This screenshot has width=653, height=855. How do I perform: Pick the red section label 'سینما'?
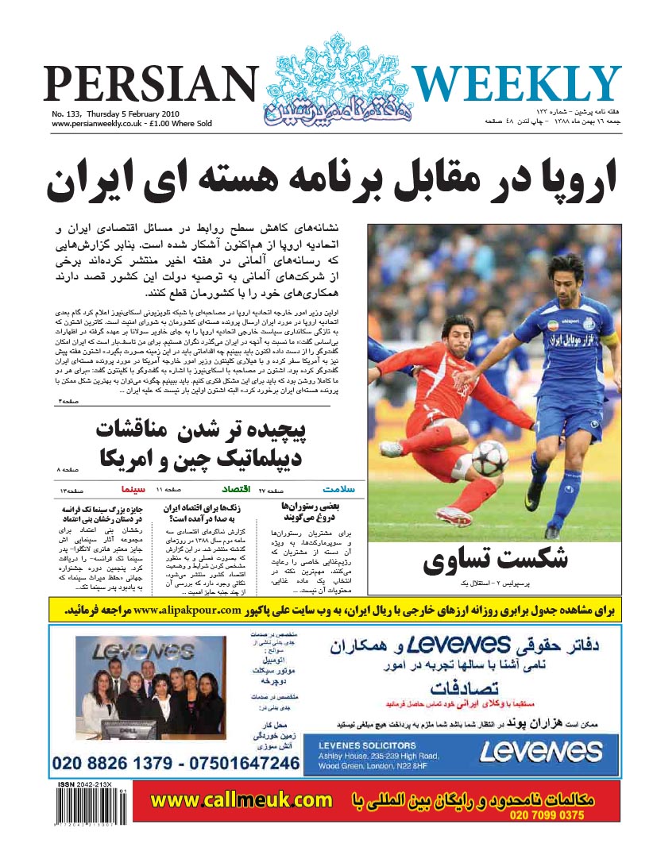coord(132,489)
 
